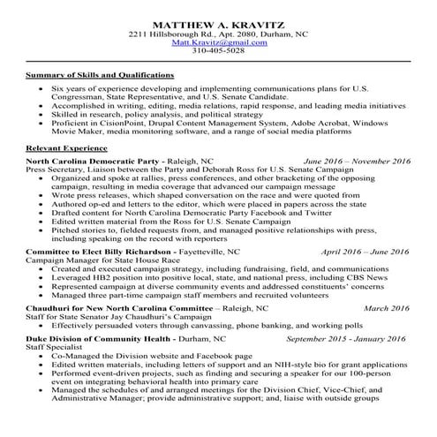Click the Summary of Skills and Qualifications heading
pos(100,76)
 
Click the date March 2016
pos(388,309)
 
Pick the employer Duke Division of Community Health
pos(94,338)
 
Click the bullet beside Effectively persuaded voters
pos(45,327)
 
